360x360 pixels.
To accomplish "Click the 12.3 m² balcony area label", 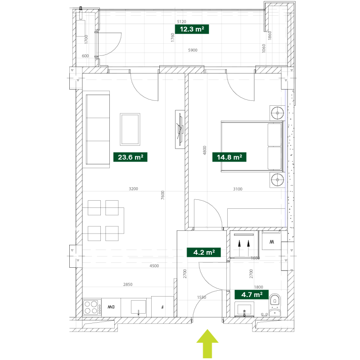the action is tap(192, 29).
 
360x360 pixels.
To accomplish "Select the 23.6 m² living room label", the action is tap(130, 157).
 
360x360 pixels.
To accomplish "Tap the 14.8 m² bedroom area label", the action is tap(229, 157).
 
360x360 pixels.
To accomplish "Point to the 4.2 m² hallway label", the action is tap(204, 252).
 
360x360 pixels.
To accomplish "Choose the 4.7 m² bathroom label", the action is tap(252, 295).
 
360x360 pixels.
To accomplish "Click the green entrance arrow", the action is tap(207, 344).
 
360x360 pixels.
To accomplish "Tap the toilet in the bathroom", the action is tap(274, 305).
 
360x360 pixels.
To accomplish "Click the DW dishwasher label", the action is tap(111, 307).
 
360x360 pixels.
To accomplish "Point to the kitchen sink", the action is tap(138, 307).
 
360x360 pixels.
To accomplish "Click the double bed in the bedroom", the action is tap(252, 147).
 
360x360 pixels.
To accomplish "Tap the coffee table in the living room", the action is tap(130, 129).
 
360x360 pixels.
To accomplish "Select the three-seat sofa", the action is tap(98, 130).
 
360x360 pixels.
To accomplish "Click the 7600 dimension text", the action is tap(163, 195).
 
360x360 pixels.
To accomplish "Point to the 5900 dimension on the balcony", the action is tap(193, 50).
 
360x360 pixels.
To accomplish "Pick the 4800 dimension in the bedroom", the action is tap(205, 150).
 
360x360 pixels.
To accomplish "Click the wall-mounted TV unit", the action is tap(180, 129).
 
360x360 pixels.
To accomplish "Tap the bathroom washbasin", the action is tap(244, 310).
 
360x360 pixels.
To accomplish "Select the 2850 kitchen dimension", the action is tap(128, 284).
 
